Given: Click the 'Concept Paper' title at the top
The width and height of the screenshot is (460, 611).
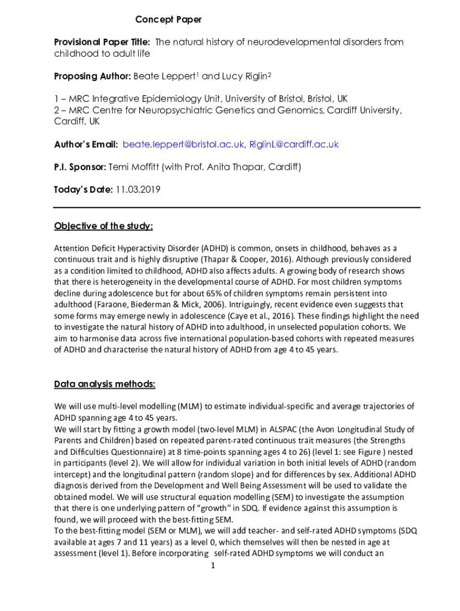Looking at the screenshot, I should click(x=168, y=20).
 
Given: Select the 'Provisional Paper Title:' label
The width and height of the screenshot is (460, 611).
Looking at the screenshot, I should click(x=102, y=42).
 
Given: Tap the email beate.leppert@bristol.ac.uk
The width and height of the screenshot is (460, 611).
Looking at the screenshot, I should click(x=183, y=144).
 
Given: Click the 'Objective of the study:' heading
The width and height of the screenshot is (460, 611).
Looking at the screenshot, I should click(x=103, y=226).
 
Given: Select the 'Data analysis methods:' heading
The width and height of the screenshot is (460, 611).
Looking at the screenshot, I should click(x=105, y=384).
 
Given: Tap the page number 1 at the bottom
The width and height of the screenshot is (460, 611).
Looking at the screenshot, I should click(x=213, y=565).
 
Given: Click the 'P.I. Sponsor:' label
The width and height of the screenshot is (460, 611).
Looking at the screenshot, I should click(x=80, y=167).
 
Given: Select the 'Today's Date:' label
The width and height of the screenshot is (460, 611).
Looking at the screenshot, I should click(x=83, y=190).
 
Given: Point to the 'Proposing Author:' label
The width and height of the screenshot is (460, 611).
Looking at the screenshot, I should click(x=92, y=76).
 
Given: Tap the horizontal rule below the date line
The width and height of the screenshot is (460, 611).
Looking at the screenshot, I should click(x=237, y=208).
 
